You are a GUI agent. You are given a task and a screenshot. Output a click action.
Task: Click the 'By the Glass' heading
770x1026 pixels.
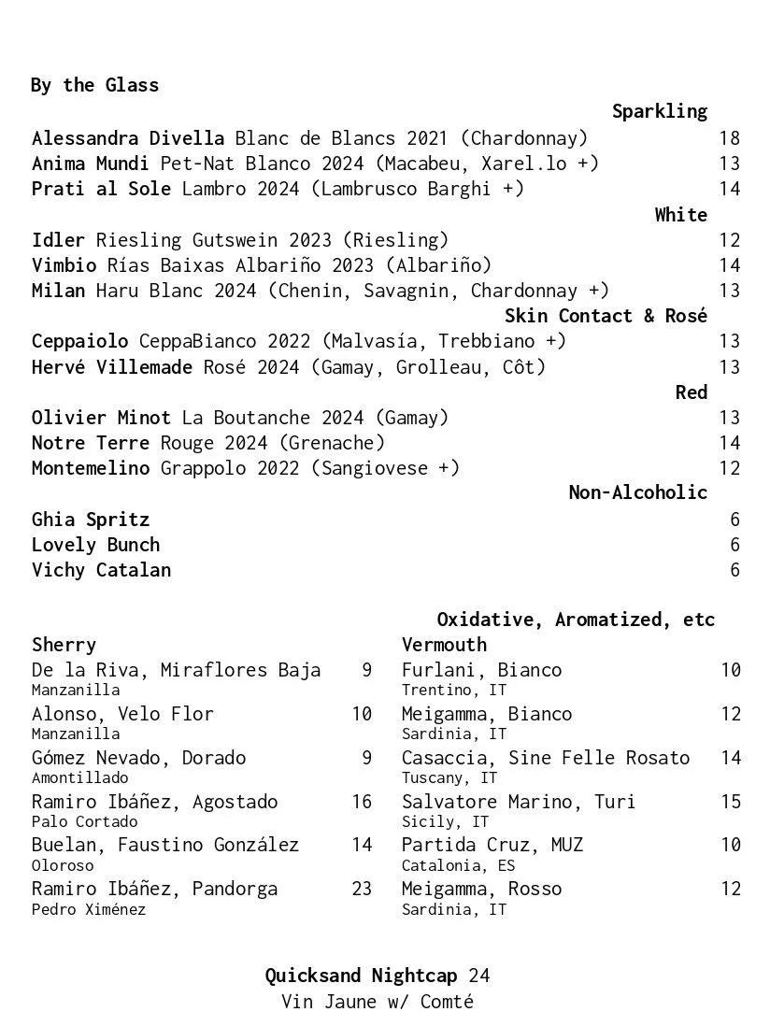(x=94, y=85)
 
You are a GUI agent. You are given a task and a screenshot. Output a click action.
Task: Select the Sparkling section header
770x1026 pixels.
(x=660, y=111)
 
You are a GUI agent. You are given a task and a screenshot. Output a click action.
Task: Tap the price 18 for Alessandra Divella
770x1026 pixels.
(x=729, y=138)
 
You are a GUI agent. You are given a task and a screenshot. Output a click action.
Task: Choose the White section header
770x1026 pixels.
(x=680, y=215)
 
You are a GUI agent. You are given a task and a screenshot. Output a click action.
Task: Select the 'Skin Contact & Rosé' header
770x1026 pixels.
(x=606, y=316)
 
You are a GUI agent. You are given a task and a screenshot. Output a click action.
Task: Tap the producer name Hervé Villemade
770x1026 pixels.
(x=112, y=367)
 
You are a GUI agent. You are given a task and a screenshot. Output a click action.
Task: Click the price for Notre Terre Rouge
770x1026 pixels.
(x=729, y=443)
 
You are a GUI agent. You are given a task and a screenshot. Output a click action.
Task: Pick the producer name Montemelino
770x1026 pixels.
(x=91, y=468)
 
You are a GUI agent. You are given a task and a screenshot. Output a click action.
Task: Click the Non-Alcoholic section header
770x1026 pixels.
(x=637, y=492)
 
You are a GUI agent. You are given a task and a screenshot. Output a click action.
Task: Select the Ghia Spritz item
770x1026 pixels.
(x=91, y=520)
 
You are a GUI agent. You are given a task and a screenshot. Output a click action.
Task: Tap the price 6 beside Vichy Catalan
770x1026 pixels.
(x=734, y=570)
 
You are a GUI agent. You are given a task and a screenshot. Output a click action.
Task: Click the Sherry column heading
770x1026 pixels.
(x=64, y=645)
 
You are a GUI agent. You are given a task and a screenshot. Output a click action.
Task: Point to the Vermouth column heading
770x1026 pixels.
(x=444, y=645)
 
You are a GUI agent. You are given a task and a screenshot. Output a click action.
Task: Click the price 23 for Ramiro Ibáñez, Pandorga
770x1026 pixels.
(x=362, y=889)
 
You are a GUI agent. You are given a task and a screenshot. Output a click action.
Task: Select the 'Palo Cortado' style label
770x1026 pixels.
(x=84, y=821)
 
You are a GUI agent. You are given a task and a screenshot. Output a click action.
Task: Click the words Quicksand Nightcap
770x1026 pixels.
(x=361, y=976)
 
